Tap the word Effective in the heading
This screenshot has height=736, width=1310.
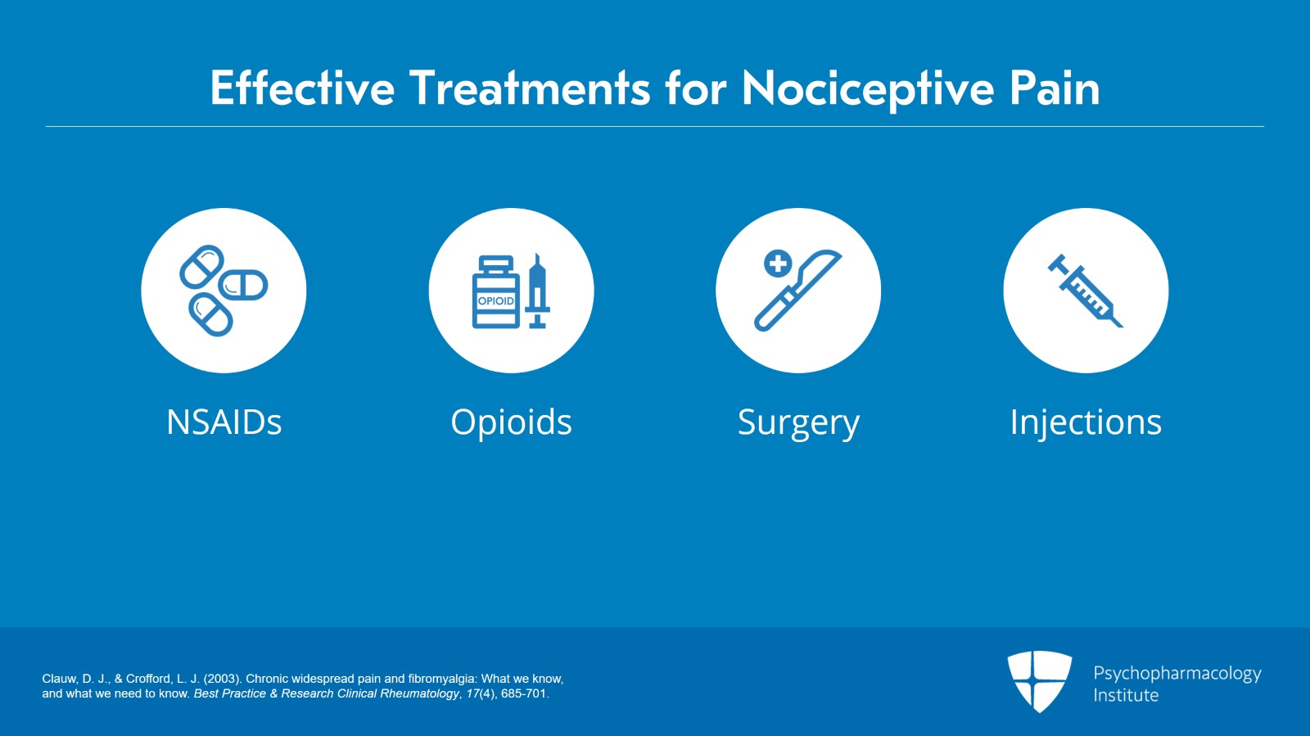(302, 88)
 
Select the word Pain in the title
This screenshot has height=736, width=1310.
(1054, 88)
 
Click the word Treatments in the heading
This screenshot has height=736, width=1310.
(529, 88)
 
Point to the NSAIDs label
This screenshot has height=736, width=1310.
(224, 422)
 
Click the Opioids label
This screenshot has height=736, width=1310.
(511, 422)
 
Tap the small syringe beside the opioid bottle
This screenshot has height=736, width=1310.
(537, 293)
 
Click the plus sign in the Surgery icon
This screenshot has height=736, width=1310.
(778, 264)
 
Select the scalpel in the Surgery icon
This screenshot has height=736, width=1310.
(797, 290)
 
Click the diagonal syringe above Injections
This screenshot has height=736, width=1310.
(1086, 291)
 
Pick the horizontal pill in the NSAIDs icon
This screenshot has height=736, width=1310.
(243, 285)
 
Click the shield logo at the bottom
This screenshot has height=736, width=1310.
(1039, 680)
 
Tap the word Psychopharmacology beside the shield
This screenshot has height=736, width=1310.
(1177, 673)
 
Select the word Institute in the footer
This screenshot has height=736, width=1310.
(1126, 695)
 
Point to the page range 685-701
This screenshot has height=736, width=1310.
(523, 693)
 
